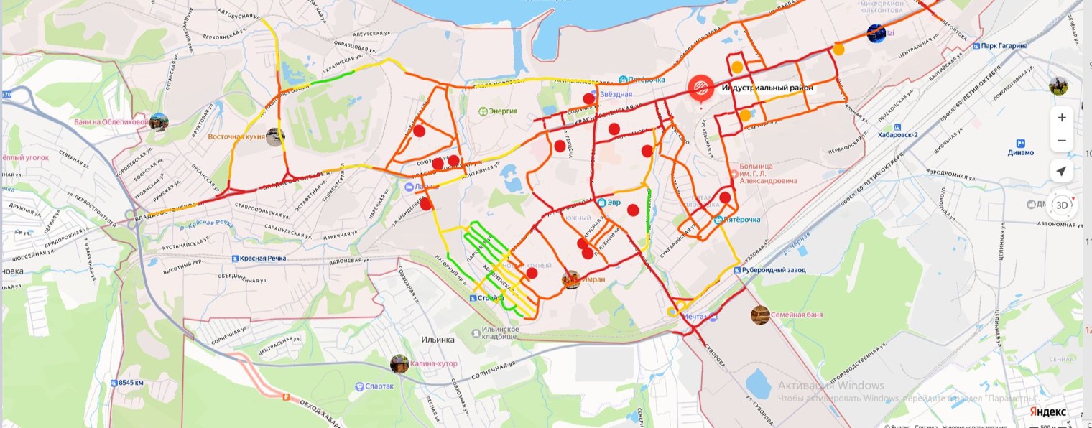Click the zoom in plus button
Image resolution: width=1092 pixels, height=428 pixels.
click(1062, 118)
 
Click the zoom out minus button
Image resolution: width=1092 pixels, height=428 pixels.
click(1062, 141)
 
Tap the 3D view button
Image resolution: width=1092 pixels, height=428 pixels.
click(1062, 205)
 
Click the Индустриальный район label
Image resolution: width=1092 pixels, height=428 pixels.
click(767, 88)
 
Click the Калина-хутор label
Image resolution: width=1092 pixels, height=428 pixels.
click(433, 364)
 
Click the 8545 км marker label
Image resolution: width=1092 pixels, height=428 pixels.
click(131, 383)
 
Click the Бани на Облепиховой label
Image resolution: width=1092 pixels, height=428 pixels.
click(111, 122)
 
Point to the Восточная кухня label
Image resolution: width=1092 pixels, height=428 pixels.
click(236, 136)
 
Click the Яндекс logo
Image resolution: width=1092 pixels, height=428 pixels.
click(1047, 411)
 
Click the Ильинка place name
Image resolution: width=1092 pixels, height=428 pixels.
click(438, 340)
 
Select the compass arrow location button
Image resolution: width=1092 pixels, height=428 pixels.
click(1062, 171)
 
